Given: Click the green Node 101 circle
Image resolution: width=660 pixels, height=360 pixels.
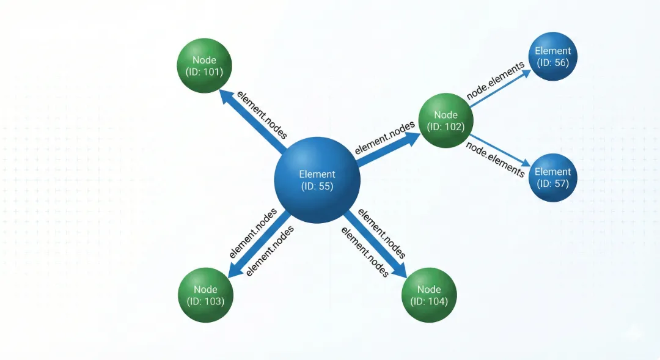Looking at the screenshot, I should pos(204,66).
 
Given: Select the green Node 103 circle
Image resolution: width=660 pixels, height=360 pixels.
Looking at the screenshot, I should pos(205,295).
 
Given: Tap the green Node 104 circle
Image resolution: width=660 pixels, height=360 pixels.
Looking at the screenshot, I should pos(429,295).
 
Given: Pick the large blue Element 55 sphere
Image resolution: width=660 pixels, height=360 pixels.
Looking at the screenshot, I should pos(317,180).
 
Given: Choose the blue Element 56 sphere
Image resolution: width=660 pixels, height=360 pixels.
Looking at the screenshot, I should pos(552,56).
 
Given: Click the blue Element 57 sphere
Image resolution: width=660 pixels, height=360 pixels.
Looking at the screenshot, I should pos(552,177).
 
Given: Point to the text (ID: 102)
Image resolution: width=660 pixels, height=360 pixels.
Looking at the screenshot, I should pos(446,127).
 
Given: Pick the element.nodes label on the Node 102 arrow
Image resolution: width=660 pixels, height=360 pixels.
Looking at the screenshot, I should pos(384,138).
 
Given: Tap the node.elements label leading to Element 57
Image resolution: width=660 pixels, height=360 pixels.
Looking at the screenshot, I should pos(495,160).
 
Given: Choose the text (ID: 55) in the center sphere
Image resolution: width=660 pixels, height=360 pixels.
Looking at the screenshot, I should pos(317,186).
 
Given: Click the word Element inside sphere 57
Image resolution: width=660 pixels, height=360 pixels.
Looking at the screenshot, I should pos(552,172).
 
